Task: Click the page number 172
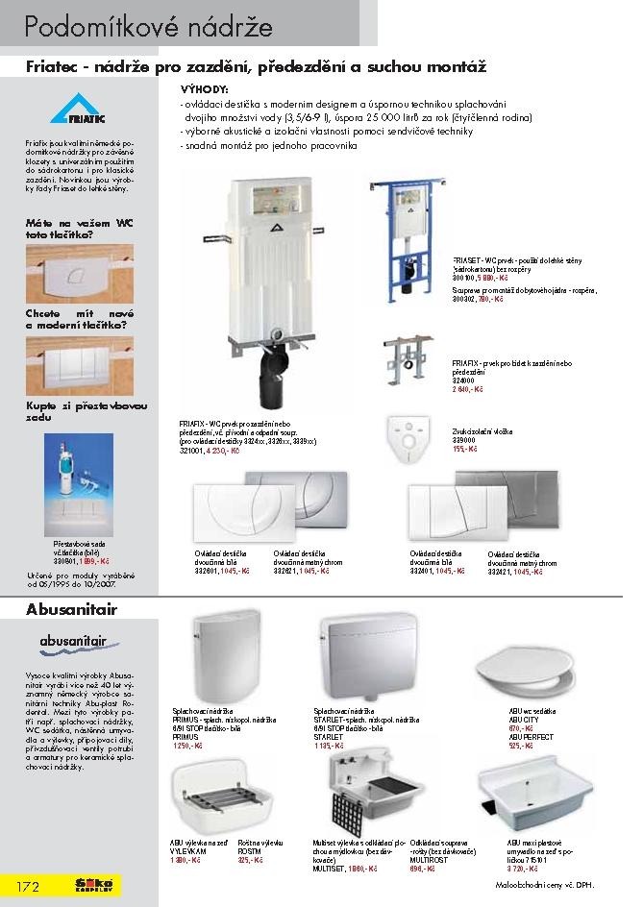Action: pos(26,885)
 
